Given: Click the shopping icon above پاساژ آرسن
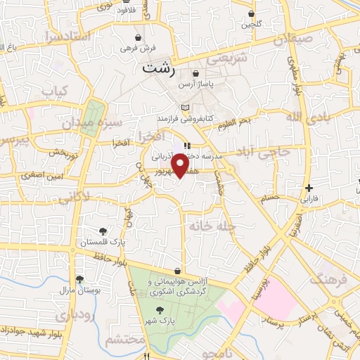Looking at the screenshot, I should pyautogui.click(x=195, y=72).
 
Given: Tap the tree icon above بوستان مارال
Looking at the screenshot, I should pyautogui.click(x=79, y=279).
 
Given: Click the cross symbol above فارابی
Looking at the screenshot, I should pyautogui.click(x=309, y=188).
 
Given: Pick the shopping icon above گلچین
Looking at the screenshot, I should pyautogui.click(x=251, y=14).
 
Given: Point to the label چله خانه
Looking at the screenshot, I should pyautogui.click(x=205, y=226).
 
